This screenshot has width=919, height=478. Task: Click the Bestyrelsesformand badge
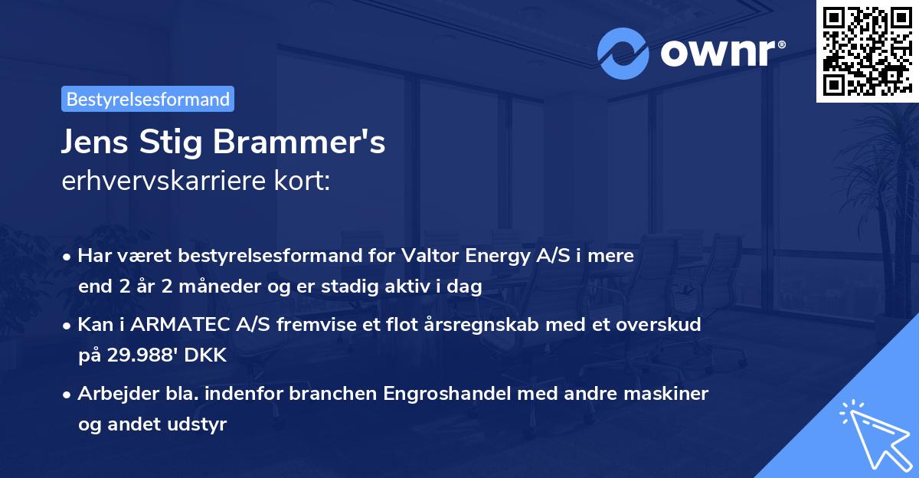tap(148, 99)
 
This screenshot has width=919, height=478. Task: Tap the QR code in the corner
tap(867, 51)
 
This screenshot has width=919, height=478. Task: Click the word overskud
tap(659, 325)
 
